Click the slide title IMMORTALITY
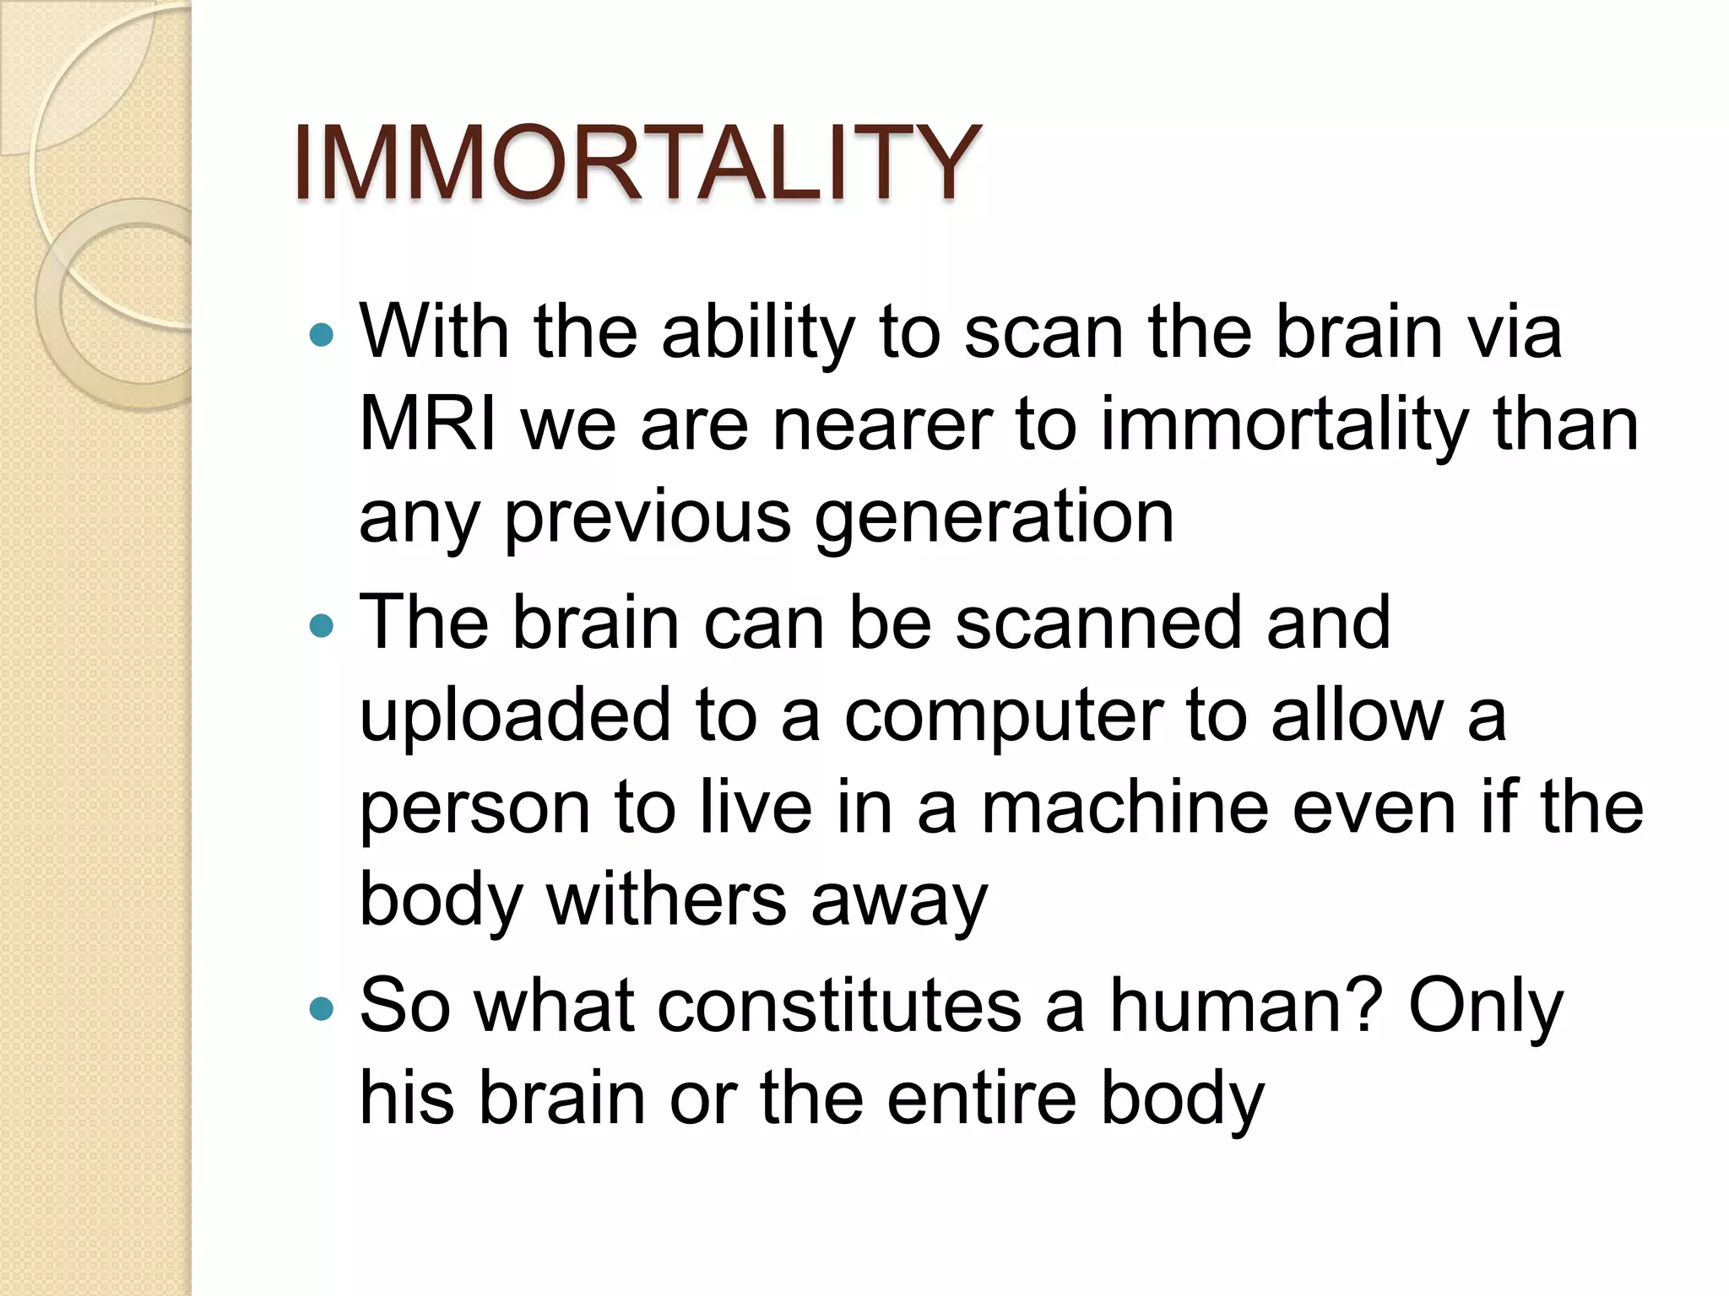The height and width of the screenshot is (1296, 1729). (x=637, y=162)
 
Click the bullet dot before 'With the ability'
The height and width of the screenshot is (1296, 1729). (x=322, y=336)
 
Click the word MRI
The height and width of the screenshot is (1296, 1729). (x=428, y=424)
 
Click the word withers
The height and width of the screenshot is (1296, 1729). (x=666, y=900)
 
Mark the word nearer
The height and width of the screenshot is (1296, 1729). (x=882, y=424)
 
